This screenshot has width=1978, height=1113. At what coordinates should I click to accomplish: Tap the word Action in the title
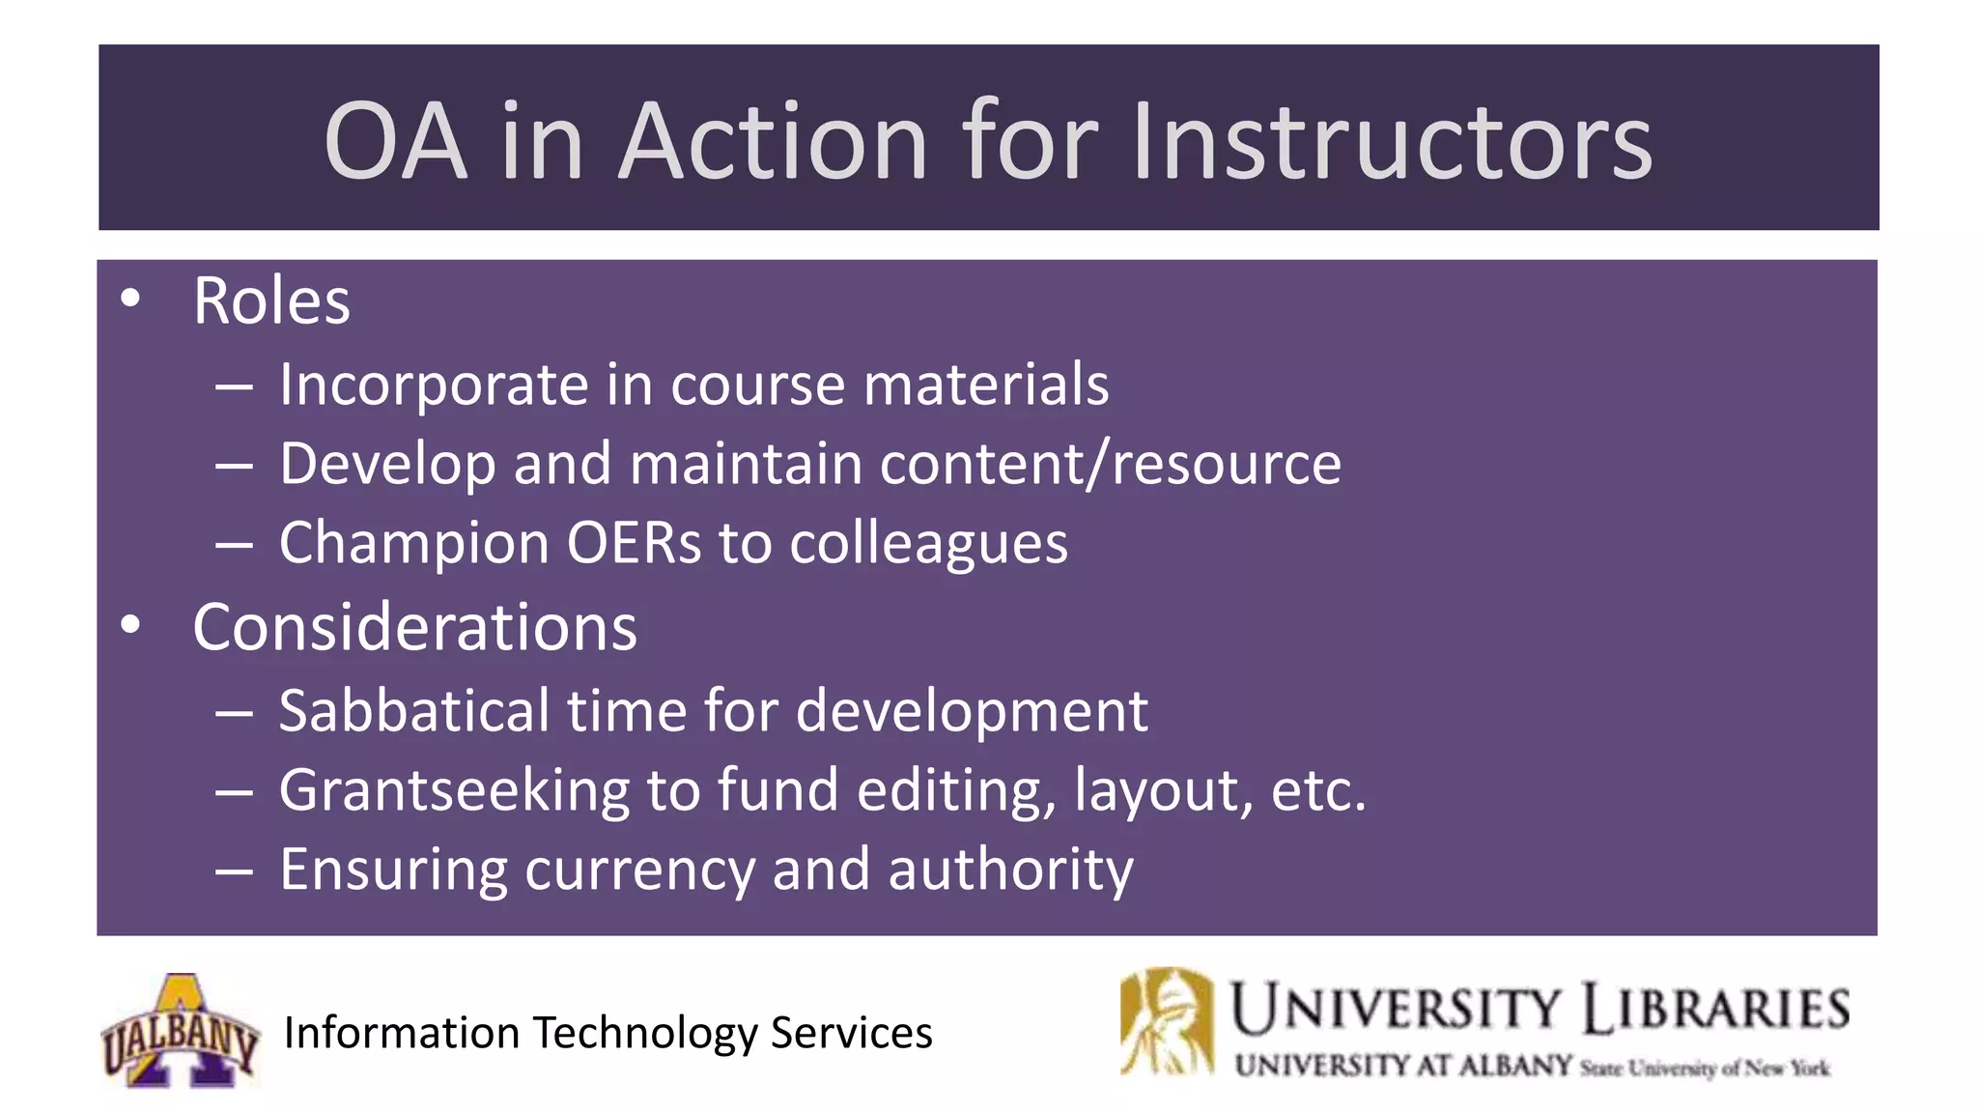pyautogui.click(x=773, y=141)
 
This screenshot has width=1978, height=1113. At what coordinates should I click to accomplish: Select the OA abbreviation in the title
pyautogui.click(x=396, y=141)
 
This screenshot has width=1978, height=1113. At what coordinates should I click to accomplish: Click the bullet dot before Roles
pyautogui.click(x=130, y=297)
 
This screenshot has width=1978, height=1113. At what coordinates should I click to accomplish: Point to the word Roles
pyautogui.click(x=271, y=301)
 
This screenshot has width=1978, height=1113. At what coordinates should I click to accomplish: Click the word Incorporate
pyautogui.click(x=434, y=385)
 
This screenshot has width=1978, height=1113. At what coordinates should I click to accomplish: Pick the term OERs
pyautogui.click(x=634, y=543)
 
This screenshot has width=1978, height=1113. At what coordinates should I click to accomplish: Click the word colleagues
pyautogui.click(x=929, y=544)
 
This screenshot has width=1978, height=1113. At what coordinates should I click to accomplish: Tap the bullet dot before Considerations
pyautogui.click(x=130, y=624)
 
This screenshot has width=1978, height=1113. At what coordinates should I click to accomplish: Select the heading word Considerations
pyautogui.click(x=415, y=628)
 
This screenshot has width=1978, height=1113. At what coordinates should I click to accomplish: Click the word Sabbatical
pyautogui.click(x=414, y=711)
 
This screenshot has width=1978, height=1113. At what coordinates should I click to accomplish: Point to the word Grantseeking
pyautogui.click(x=454, y=791)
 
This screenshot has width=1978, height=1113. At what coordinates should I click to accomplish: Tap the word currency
pyautogui.click(x=639, y=870)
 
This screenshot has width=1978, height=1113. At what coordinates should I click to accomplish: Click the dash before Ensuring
pyautogui.click(x=235, y=871)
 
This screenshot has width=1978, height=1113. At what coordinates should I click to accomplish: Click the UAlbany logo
pyautogui.click(x=181, y=1031)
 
